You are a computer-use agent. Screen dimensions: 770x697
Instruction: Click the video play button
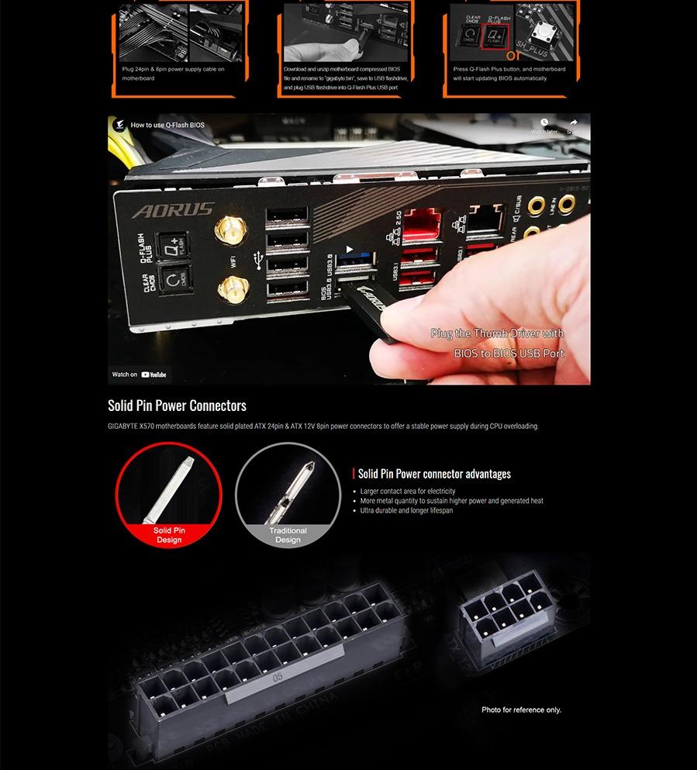point(349,250)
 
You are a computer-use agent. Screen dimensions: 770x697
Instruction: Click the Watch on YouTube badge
point(140,375)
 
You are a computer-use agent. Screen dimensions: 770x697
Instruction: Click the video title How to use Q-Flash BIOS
point(167,125)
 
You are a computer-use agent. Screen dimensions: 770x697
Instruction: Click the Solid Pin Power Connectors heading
point(177,406)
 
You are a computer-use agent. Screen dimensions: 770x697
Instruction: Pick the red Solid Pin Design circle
point(169,494)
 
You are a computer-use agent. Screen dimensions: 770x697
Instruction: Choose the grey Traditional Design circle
point(288,494)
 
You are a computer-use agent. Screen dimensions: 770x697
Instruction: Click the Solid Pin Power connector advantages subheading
point(434,474)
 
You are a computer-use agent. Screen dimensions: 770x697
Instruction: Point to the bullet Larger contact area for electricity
point(408,492)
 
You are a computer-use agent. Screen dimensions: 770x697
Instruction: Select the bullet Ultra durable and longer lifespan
point(406,511)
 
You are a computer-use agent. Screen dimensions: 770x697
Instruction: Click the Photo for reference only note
point(521,710)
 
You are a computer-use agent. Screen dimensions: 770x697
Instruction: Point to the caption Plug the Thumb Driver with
point(497,333)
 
